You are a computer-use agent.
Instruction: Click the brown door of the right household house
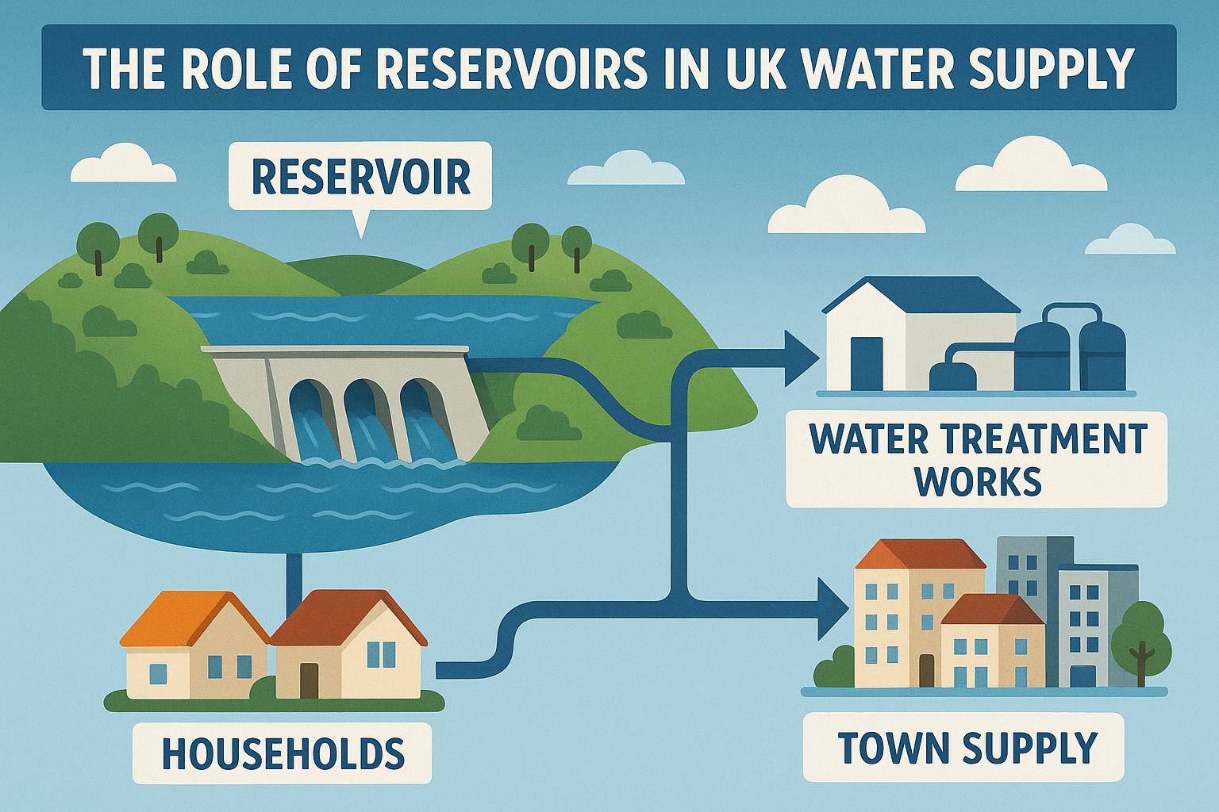[x=310, y=678]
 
